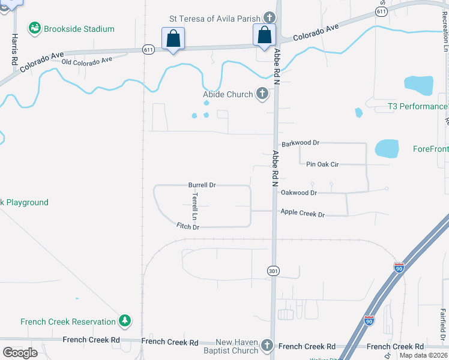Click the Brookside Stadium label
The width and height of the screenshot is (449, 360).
79,29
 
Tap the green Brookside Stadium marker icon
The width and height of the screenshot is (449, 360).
35,28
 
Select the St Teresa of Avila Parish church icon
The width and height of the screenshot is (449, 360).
270,19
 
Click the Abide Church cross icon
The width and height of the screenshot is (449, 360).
262,94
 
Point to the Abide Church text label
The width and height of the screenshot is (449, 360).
228,94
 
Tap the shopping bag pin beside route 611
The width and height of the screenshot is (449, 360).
173,38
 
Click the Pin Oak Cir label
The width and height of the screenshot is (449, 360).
322,163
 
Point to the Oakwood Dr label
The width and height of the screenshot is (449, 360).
298,193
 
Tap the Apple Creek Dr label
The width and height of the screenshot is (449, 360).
303,214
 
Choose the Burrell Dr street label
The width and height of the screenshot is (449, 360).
202,185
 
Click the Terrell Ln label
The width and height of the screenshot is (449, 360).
194,206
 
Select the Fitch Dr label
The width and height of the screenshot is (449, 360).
187,226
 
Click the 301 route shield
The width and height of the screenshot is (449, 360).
273,271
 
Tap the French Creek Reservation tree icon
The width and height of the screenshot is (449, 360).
125,321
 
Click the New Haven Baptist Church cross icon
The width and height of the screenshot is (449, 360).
267,346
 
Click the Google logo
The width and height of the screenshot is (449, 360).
20,353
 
